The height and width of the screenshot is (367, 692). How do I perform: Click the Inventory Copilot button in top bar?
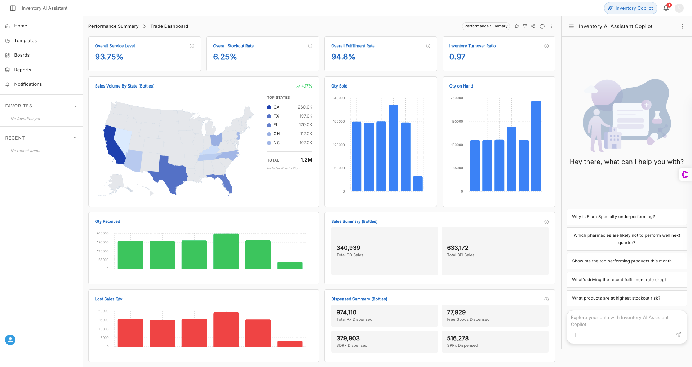point(630,8)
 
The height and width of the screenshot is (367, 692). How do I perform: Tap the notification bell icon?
point(666,8)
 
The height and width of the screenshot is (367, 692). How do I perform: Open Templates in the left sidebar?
point(25,41)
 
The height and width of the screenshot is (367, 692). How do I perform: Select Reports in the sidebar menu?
point(22,70)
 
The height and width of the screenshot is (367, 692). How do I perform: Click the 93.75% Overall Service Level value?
point(109,57)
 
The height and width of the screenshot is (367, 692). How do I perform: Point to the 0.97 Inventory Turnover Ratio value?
point(457,57)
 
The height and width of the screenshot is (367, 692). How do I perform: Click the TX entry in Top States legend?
point(276,116)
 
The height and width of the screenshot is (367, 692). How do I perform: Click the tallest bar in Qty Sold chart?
point(393,148)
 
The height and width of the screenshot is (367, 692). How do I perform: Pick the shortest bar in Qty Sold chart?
point(418,183)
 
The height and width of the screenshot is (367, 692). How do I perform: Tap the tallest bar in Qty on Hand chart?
point(536,146)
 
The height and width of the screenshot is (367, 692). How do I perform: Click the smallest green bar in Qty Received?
point(290,265)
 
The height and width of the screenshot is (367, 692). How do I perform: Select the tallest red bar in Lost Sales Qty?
point(226,329)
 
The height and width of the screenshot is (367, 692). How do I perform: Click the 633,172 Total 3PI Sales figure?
point(457,248)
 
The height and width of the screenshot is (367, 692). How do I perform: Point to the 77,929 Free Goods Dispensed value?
point(456,313)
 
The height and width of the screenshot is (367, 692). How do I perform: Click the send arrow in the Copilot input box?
point(678,335)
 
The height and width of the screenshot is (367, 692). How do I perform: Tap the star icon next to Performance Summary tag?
point(516,26)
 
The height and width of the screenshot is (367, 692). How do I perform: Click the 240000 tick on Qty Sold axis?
point(338,98)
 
